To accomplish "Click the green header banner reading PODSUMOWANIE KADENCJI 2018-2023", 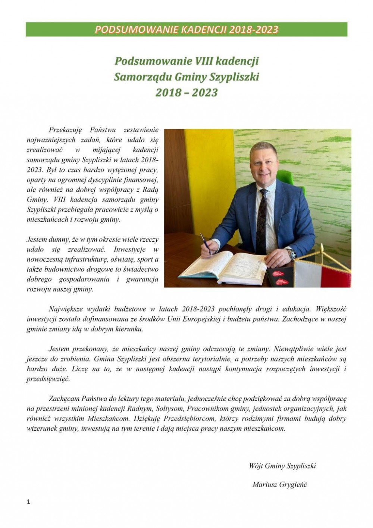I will (186, 29).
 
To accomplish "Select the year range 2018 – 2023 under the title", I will (186, 92).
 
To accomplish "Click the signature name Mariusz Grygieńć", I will (280, 485).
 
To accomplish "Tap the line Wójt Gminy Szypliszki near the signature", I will (282, 466).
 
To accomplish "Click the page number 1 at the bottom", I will (28, 502).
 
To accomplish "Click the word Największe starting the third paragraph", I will (66, 309).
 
